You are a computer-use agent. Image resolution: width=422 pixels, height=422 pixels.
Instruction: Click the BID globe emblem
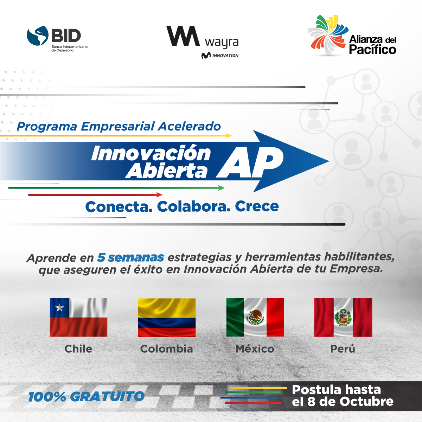[37, 36]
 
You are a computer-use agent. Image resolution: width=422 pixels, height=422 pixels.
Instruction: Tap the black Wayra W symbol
[183, 36]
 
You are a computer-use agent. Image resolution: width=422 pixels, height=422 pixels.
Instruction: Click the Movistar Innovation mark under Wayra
[220, 56]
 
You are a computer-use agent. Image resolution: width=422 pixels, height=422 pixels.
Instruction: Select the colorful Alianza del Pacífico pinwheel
[328, 35]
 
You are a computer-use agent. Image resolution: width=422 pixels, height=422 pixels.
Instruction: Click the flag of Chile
[79, 317]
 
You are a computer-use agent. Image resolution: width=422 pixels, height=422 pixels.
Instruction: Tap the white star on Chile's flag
[59, 308]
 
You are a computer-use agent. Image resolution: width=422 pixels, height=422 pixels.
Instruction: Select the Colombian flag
[167, 317]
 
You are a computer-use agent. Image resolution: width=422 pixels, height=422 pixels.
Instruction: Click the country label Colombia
[166, 349]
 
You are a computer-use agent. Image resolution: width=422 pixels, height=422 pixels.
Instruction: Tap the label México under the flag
[255, 349]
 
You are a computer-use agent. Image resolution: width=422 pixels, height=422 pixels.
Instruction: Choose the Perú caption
[343, 349]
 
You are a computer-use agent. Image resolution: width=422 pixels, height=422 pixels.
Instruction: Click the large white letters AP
[250, 162]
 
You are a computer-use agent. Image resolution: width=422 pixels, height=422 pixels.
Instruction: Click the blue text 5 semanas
[130, 257]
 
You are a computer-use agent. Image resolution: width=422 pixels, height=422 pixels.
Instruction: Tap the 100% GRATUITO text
[86, 396]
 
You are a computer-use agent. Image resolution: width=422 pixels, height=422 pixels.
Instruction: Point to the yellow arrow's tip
[231, 135]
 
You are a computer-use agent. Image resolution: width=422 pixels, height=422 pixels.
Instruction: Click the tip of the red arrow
[162, 195]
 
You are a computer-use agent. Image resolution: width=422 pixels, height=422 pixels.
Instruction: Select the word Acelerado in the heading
[190, 126]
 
